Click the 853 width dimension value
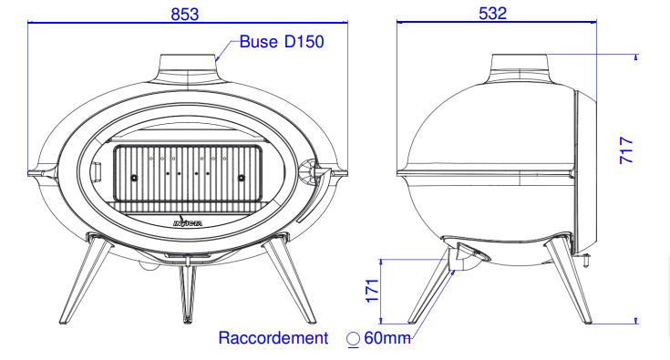coord(184,14)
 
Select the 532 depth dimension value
coord(492,14)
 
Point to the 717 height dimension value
coord(626,149)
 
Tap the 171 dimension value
coord(373,291)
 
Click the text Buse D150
coord(282,42)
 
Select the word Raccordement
coord(273,338)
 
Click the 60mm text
coord(387,338)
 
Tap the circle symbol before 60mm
coord(353,339)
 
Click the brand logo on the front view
coord(188,221)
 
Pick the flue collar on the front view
coord(188,69)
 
